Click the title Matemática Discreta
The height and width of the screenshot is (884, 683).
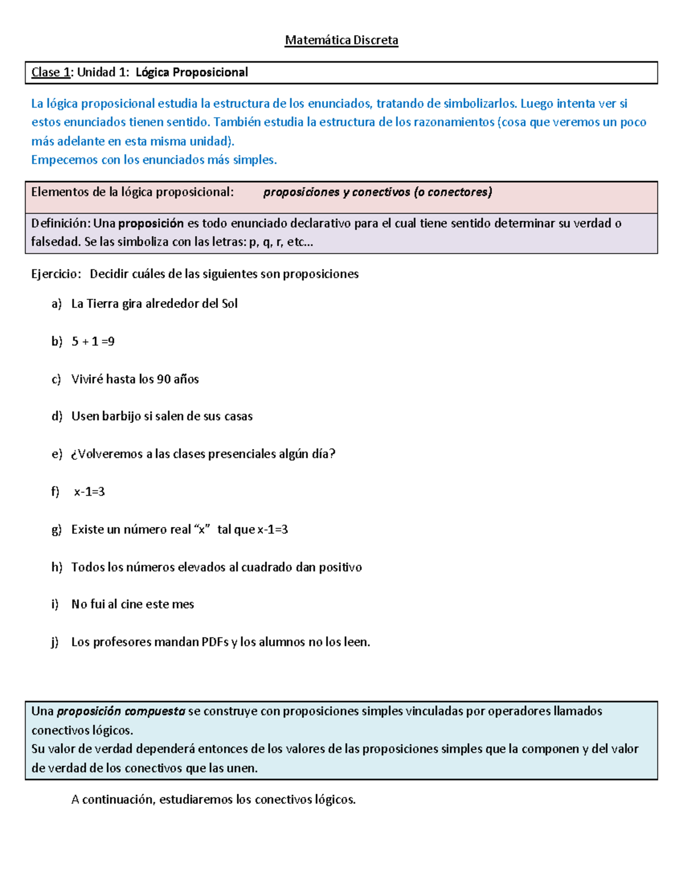pyautogui.click(x=341, y=40)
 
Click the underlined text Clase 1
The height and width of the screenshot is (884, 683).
pyautogui.click(x=51, y=72)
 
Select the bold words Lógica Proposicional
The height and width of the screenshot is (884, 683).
pyautogui.click(x=192, y=72)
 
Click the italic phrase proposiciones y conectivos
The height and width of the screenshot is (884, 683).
pyautogui.click(x=336, y=192)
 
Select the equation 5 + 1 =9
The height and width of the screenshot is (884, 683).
pyautogui.click(x=93, y=342)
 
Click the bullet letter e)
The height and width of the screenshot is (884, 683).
pyautogui.click(x=56, y=454)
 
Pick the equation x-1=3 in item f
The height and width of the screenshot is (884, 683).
pyautogui.click(x=89, y=492)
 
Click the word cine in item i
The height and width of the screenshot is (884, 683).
pyautogui.click(x=131, y=605)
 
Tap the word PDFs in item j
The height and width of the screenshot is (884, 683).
pyautogui.click(x=215, y=642)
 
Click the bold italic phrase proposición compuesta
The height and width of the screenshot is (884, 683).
pyautogui.click(x=121, y=712)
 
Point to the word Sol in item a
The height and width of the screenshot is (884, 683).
pyautogui.click(x=229, y=304)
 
